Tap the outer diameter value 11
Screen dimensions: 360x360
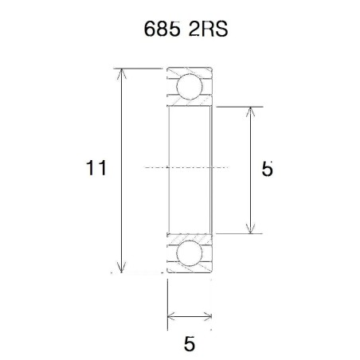click(96, 169)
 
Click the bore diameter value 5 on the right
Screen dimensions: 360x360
click(268, 169)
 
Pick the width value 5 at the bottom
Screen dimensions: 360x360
click(189, 344)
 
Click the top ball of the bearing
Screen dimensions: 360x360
click(190, 87)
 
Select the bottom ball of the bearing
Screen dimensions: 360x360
click(190, 254)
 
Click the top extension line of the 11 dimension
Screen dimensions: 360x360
click(143, 69)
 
